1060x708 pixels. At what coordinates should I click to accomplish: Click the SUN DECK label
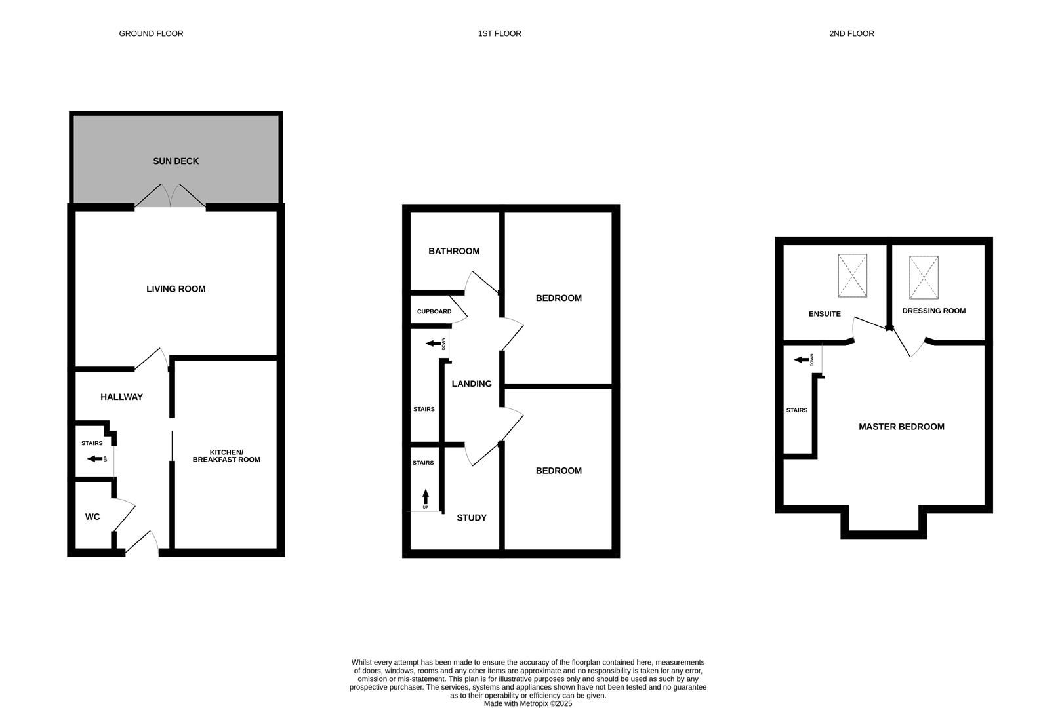pos(176,161)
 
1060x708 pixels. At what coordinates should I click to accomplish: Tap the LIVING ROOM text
pos(176,289)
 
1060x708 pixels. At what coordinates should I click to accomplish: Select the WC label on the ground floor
pos(92,517)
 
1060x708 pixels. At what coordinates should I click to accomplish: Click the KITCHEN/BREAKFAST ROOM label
pos(226,456)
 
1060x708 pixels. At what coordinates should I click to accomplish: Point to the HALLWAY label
pos(121,397)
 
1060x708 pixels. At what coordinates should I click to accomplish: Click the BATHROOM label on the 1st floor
pos(454,251)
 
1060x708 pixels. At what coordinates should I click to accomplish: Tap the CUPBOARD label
pos(434,311)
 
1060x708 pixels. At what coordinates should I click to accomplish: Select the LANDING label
pos(472,384)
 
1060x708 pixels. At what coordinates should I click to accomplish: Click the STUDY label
pos(472,518)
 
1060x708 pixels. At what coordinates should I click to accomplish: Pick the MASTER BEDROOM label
pos(901,427)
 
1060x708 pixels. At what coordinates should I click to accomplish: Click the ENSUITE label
pos(825,314)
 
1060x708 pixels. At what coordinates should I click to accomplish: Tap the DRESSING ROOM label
pos(933,311)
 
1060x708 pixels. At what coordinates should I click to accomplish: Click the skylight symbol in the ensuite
pos(852,275)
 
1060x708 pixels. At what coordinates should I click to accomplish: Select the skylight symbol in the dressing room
pos(924,277)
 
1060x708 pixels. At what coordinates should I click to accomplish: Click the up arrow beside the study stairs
pos(426,496)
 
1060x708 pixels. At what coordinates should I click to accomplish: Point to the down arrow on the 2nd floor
pos(801,359)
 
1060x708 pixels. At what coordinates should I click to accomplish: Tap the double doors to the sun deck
pos(170,195)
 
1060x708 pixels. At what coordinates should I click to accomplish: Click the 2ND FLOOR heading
pos(851,33)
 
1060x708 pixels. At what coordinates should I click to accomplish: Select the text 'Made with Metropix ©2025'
pos(528,703)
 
